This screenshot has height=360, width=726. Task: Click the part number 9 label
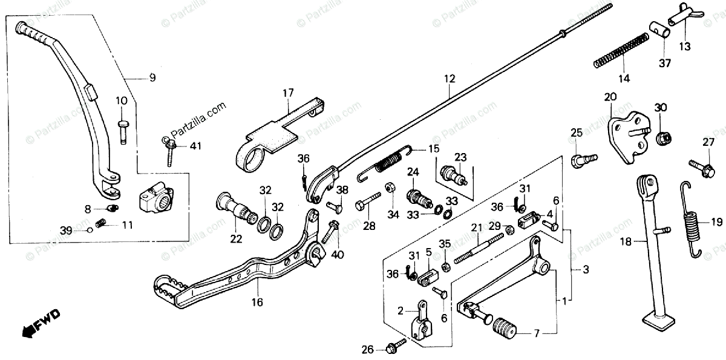tap(152, 77)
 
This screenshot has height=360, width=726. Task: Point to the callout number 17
tap(288, 93)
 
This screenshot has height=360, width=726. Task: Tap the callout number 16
tap(258, 302)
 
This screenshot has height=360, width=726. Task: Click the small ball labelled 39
tap(90, 229)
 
